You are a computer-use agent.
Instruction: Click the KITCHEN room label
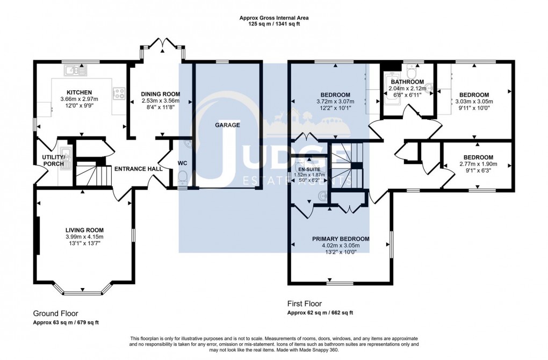point(80,92)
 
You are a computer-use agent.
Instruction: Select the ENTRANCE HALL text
point(138,169)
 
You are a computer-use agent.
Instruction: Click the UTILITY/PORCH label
point(53,160)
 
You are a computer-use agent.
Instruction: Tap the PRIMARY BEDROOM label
point(341,239)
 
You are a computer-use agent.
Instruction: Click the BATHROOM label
point(407,82)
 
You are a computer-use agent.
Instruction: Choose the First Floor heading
point(305,304)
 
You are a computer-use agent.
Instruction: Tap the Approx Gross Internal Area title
point(274,18)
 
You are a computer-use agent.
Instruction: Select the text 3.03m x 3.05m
point(474,101)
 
